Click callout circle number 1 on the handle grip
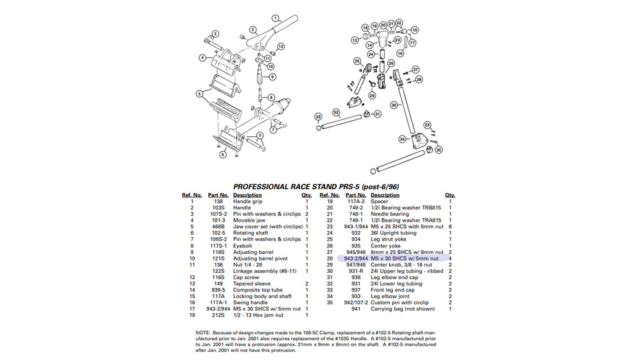[x=275, y=17]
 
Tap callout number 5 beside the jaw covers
[x=199, y=94]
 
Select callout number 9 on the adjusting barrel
[x=271, y=76]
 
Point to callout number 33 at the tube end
[x=319, y=116]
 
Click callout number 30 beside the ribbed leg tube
[x=394, y=106]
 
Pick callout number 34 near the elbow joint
[x=402, y=138]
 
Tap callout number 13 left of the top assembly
[x=355, y=40]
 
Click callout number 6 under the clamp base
[x=223, y=155]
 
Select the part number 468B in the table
[x=218, y=227]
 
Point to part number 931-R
[x=356, y=271]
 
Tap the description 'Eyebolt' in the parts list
[x=243, y=246]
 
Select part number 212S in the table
[x=218, y=315]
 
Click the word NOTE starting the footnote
[x=203, y=332]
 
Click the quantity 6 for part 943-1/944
[x=449, y=227]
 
